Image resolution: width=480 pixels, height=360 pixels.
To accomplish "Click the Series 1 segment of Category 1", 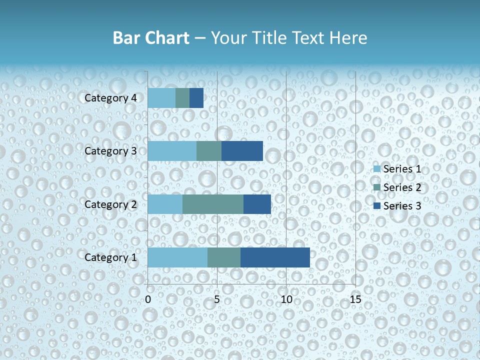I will (177, 257).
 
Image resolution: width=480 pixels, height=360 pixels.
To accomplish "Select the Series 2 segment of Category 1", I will (224, 257).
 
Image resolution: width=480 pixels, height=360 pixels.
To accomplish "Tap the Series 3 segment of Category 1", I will (275, 257).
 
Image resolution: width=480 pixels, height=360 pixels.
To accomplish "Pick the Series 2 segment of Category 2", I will (213, 204).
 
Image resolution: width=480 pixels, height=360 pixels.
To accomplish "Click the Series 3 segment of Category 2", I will (257, 204).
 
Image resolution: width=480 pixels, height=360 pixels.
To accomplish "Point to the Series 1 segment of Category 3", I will (172, 151).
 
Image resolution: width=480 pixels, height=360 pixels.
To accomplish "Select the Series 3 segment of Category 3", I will (242, 151).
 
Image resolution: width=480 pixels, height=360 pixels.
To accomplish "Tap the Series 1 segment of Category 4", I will (161, 98).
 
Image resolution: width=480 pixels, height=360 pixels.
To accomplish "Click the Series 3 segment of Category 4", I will (196, 98).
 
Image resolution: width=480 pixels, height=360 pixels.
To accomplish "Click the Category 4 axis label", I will (110, 98).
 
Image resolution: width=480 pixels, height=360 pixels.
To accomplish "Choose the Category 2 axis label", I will (110, 204).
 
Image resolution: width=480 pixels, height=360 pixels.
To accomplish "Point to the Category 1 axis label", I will (110, 257).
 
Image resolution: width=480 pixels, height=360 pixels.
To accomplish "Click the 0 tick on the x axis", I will (148, 300).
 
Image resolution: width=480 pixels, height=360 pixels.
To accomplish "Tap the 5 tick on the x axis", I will (217, 300).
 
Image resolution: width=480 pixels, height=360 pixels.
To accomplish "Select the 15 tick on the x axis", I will (355, 300).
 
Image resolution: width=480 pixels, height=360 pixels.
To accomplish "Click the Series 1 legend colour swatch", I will (377, 169).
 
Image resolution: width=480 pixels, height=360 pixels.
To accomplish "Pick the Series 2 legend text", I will (402, 187).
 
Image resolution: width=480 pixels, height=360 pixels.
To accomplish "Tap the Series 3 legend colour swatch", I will (377, 206).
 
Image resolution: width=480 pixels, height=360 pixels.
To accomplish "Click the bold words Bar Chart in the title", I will (150, 38).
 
